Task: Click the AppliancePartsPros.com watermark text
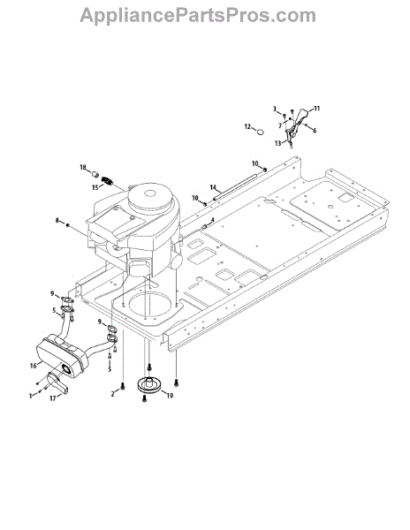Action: point(198,16)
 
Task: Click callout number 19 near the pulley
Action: point(170,395)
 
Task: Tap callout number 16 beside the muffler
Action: point(33,366)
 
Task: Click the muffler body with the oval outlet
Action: point(62,357)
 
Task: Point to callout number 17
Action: point(53,398)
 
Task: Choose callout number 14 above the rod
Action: point(213,187)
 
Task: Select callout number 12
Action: point(247,126)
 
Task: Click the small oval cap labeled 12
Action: point(260,132)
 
